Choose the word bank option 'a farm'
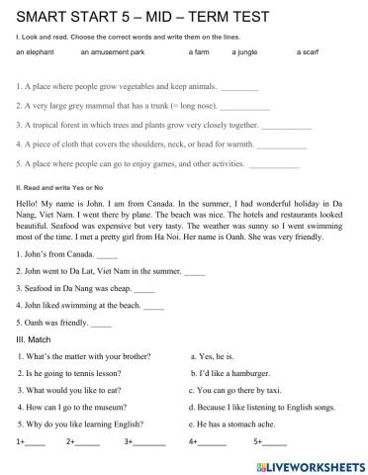pos(198,51)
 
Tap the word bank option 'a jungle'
pos(246,51)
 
